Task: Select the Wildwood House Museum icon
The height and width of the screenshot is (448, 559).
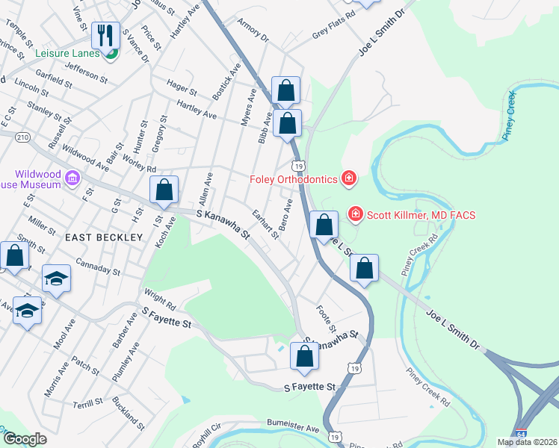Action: point(72,178)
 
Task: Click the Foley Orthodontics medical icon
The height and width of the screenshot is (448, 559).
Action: point(348,178)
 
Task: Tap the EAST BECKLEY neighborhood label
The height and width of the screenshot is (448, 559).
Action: point(103,237)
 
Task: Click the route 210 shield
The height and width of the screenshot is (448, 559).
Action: point(22,137)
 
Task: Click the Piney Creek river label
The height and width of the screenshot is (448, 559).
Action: point(510,116)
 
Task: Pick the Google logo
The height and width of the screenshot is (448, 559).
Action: point(25,440)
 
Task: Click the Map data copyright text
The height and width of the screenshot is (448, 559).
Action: point(527,442)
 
